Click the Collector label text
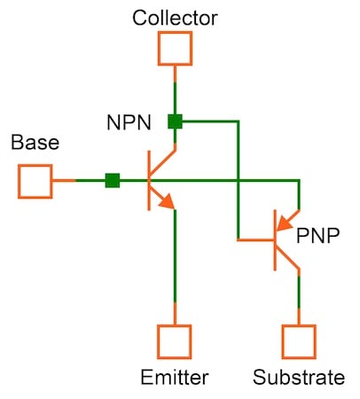pos(175,17)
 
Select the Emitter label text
pos(175,378)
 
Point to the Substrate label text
pos(299,378)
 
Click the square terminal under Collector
pos(175,48)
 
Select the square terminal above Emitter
pos(175,340)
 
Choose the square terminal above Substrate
pos(299,340)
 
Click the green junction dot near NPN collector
pos(176,121)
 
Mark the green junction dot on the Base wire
pos(113,181)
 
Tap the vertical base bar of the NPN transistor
pos(148,180)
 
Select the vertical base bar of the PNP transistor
pos(272,240)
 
